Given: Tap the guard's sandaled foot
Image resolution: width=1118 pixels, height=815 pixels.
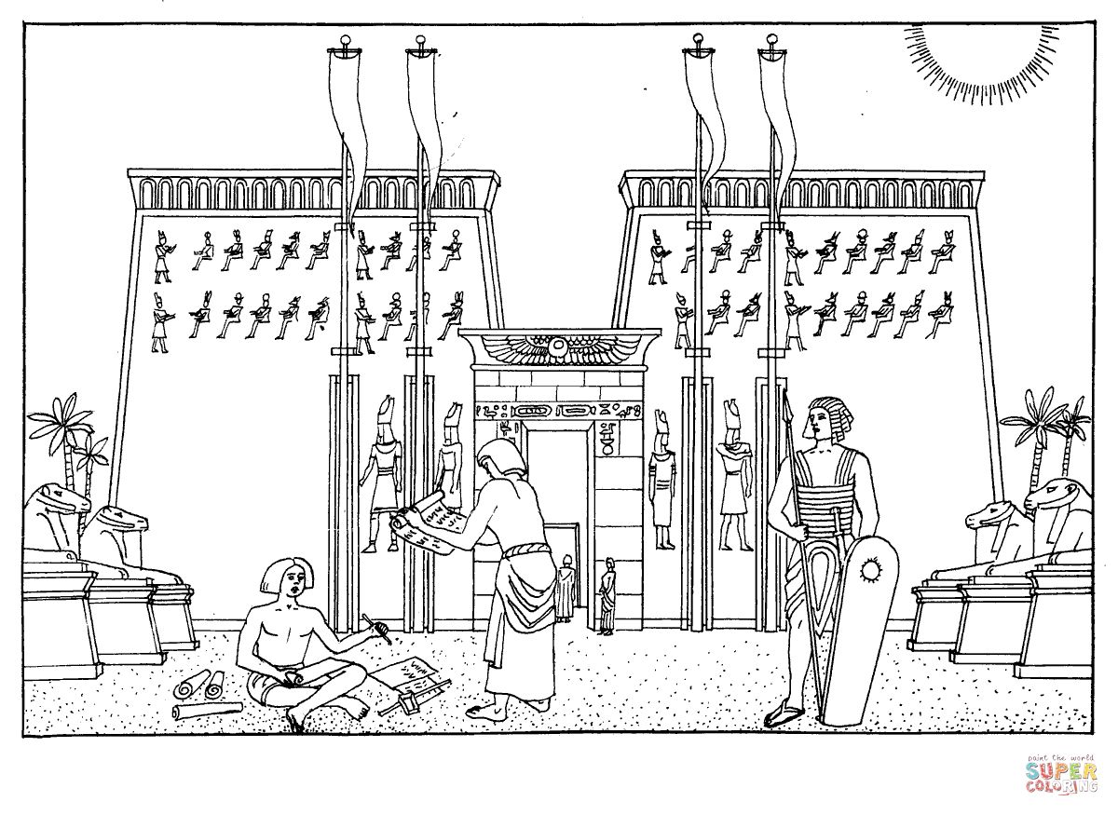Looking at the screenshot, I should point(785,715).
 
